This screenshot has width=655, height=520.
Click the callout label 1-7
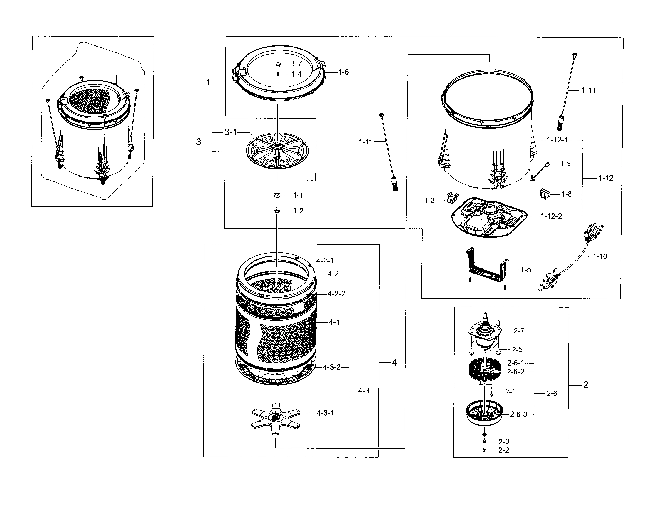[x=297, y=63]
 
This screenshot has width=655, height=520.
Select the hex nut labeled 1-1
[x=277, y=195]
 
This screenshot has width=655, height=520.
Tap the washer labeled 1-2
[x=277, y=211]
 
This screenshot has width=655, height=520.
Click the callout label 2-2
[x=504, y=450]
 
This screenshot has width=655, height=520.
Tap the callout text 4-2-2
[x=336, y=294]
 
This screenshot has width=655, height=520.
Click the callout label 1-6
[x=344, y=72]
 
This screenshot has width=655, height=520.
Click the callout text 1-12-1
[x=557, y=140]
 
